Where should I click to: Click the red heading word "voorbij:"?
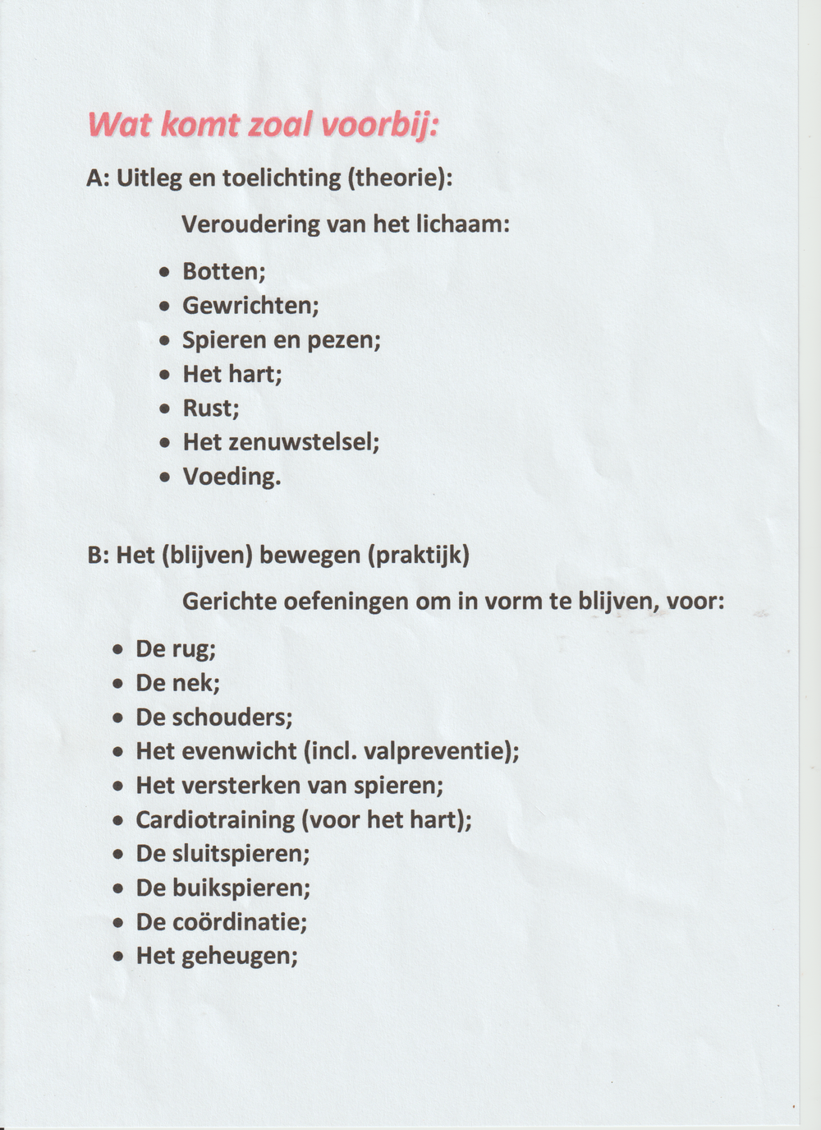pyautogui.click(x=378, y=126)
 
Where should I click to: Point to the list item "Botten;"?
pyautogui.click(x=223, y=271)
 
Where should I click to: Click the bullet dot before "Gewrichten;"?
pyautogui.click(x=166, y=306)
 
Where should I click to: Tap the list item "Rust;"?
pyautogui.click(x=210, y=408)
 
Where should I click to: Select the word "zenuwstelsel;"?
pyautogui.click(x=304, y=442)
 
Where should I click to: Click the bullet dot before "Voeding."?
pyautogui.click(x=166, y=477)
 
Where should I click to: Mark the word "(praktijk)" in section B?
pyautogui.click(x=419, y=556)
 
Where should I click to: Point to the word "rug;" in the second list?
pyautogui.click(x=195, y=649)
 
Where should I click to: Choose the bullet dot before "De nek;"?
pyautogui.click(x=119, y=683)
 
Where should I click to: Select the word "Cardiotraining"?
pyautogui.click(x=215, y=819)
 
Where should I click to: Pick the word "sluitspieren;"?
pyautogui.click(x=241, y=854)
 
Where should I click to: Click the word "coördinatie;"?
pyautogui.click(x=240, y=922)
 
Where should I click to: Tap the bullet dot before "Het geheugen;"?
pyautogui.click(x=119, y=957)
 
